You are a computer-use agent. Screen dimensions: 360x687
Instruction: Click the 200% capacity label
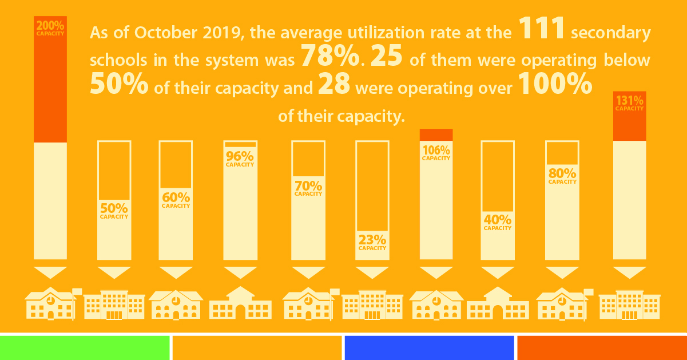coord(50,28)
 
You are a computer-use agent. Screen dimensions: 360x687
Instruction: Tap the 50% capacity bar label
coord(114,210)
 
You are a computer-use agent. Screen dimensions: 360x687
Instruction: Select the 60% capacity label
coord(176,200)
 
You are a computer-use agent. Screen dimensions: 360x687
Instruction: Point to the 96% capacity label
coord(240,159)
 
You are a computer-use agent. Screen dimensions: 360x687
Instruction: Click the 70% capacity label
coord(308,188)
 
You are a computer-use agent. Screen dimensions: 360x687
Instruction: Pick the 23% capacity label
coord(372,242)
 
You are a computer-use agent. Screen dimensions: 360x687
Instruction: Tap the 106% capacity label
coord(436,153)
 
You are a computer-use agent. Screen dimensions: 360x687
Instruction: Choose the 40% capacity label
coord(498,222)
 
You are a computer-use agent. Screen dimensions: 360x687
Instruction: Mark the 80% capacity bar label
coord(562,176)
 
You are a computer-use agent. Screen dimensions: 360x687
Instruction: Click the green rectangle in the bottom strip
coord(85,348)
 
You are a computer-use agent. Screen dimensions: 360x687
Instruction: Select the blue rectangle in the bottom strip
coord(429,348)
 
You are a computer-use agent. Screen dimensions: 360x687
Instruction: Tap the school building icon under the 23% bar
coord(372,304)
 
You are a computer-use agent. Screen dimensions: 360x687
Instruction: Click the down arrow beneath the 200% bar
coord(50,272)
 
